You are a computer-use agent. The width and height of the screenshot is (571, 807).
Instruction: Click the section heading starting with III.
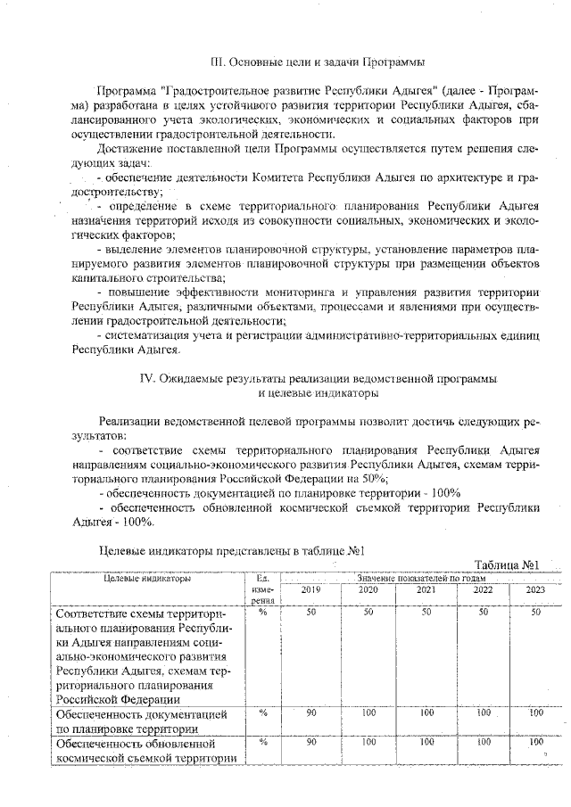pyautogui.click(x=317, y=62)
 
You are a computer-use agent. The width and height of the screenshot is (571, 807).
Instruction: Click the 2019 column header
pyautogui.click(x=310, y=589)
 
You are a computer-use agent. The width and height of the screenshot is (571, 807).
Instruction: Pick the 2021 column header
pyautogui.click(x=426, y=589)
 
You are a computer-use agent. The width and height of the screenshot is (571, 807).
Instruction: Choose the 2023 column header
pyautogui.click(x=535, y=589)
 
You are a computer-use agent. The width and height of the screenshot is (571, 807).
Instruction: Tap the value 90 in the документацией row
pyautogui.click(x=310, y=713)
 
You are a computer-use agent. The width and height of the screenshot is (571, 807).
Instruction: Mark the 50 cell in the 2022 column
pyautogui.click(x=482, y=613)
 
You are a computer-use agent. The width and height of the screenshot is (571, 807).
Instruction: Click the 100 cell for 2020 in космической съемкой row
pyautogui.click(x=368, y=742)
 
